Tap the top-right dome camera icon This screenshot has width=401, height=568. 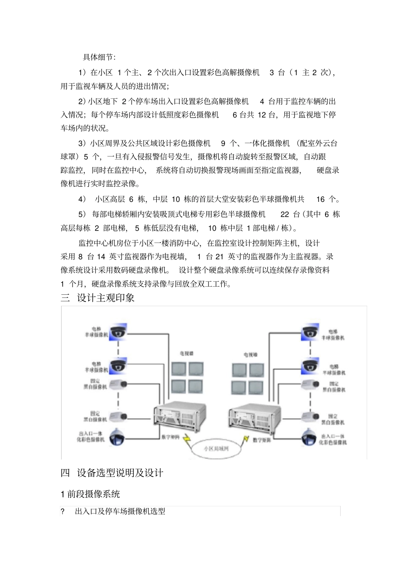point(309,333)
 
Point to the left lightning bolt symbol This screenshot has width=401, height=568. point(187,440)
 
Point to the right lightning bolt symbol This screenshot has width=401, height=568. point(245,440)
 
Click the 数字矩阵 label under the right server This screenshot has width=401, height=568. point(262,440)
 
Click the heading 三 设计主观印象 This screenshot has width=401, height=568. point(98,298)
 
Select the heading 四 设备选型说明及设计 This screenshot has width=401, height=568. point(112,473)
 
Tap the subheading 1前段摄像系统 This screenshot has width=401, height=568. point(90,494)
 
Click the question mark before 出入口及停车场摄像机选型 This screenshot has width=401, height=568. point(63,512)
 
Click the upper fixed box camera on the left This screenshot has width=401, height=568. point(118,384)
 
